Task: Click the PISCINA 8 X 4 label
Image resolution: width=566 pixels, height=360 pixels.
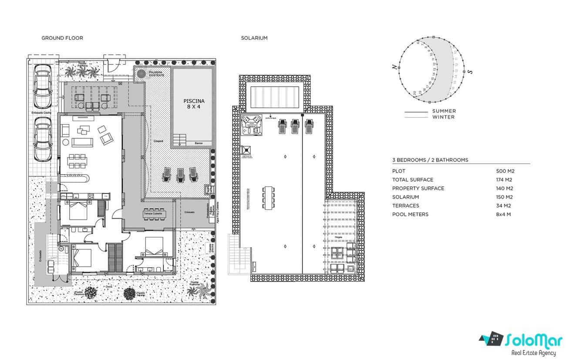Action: point(193,104)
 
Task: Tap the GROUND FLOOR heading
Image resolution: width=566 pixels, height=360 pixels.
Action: point(62,38)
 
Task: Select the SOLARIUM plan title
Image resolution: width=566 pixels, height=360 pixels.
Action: point(254,38)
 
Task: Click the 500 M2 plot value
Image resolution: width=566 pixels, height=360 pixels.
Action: point(505,171)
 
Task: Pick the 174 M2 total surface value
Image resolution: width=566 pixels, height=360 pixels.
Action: point(505,180)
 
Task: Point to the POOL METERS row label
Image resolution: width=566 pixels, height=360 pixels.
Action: point(410,214)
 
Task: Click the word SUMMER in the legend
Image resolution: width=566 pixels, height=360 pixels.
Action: point(444,111)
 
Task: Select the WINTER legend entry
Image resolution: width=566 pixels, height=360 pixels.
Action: point(443,117)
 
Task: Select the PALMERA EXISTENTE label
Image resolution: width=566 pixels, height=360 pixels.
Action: point(156,74)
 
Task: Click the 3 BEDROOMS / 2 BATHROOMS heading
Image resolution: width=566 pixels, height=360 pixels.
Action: point(430,160)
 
